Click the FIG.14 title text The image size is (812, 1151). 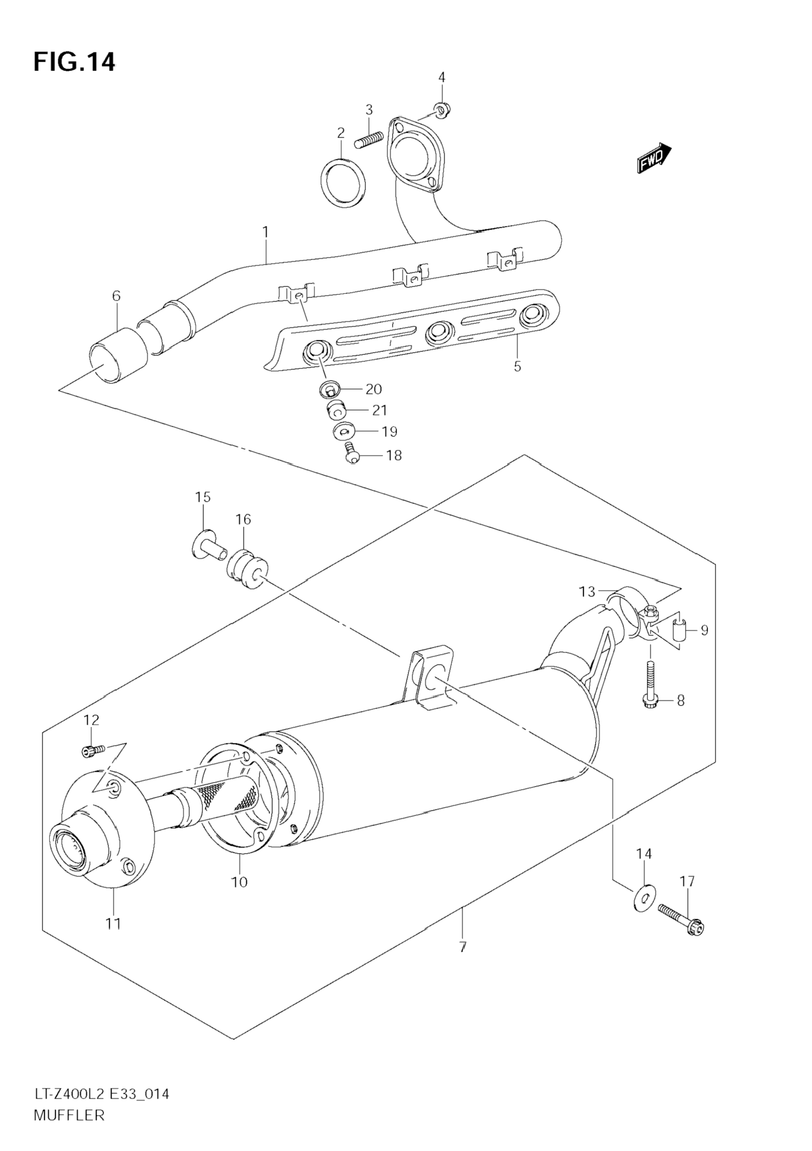74,62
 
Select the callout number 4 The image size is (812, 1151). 442,77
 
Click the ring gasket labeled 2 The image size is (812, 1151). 343,183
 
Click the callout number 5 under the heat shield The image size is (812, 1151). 517,366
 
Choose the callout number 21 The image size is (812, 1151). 379,410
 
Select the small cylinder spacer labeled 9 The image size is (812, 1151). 679,630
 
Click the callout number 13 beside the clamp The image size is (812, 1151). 587,592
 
